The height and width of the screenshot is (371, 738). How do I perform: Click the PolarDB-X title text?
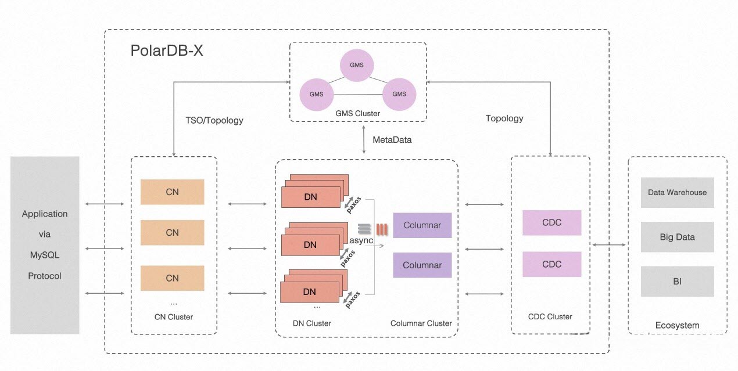point(167,51)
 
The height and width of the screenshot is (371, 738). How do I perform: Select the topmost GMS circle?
point(357,65)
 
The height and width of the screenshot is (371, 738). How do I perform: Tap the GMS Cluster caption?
point(357,113)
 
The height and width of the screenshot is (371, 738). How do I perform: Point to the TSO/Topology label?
point(214,121)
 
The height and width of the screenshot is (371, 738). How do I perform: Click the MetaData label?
point(392,140)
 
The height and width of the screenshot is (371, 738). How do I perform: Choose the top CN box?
point(172,192)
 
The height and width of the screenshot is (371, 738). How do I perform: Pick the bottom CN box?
point(172,278)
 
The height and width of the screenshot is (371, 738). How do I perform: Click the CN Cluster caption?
point(173,317)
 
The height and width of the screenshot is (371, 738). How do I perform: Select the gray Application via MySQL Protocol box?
point(45,245)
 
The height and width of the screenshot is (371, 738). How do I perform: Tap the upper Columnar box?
point(422,225)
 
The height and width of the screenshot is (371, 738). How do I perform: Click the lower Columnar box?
point(422,265)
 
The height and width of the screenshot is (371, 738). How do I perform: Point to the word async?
point(361,240)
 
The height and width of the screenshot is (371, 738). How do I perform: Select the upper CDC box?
point(551,223)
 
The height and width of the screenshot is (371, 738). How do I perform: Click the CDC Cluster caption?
point(550,316)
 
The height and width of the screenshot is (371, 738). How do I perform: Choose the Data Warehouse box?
point(677,193)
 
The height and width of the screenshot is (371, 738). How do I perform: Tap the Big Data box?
point(677,237)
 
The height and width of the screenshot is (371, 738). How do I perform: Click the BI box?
point(677,282)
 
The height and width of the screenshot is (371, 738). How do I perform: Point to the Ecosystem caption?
point(677,325)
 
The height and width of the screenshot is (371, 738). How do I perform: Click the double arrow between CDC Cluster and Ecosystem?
point(609,245)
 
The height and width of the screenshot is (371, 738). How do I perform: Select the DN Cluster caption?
point(311,323)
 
